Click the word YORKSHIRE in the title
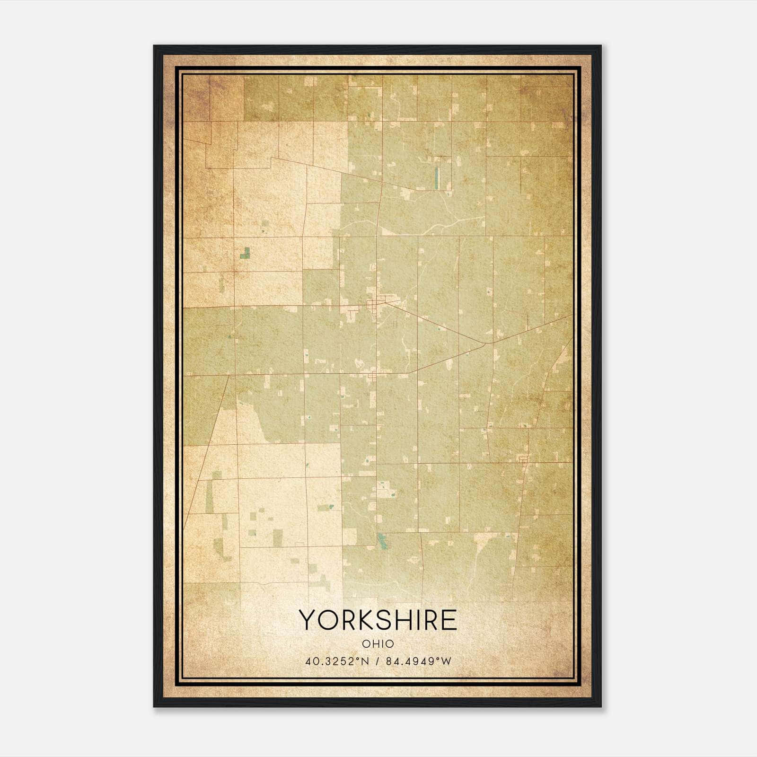point(378,620)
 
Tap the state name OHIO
point(378,644)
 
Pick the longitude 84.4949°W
point(419,661)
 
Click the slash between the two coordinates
point(378,661)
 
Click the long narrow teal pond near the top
point(436,177)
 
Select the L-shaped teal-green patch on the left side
point(245,253)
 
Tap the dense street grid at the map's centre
point(378,303)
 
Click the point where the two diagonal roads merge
point(487,343)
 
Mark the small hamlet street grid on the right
point(523,460)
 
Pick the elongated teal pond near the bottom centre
point(382,541)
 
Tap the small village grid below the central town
point(374,377)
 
